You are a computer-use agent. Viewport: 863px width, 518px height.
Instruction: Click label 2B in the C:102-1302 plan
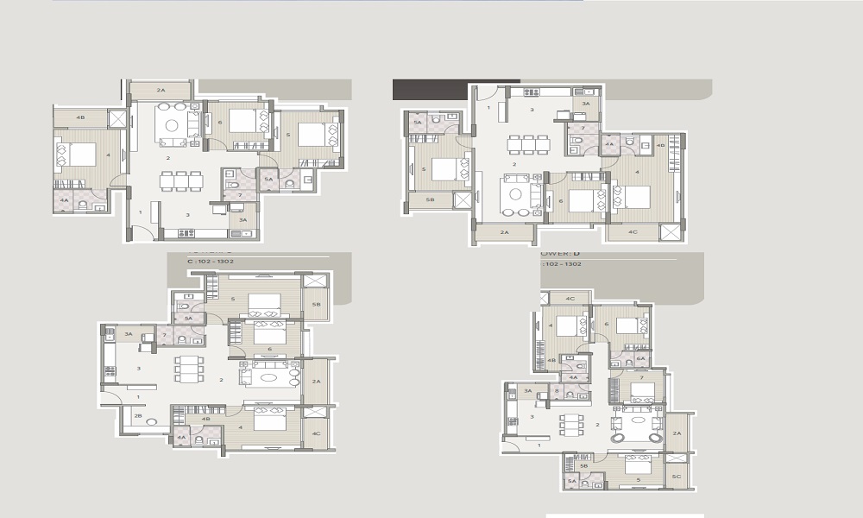coord(138,416)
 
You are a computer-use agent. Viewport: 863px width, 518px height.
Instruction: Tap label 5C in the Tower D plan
coord(677,477)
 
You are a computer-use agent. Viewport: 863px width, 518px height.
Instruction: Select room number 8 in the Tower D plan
coord(557,390)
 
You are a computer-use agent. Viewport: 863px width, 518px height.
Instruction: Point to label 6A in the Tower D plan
coord(640,357)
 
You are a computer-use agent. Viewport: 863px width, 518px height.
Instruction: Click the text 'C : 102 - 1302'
coord(211,260)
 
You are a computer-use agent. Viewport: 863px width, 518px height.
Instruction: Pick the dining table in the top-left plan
coord(182,180)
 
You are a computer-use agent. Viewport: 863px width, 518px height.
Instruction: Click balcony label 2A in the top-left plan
coord(161,90)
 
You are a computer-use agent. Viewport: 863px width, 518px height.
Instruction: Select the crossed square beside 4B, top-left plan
coord(117,119)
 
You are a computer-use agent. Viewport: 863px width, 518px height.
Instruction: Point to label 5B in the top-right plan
coord(418,199)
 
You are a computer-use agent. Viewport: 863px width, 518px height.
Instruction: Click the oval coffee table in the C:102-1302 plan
coord(273,376)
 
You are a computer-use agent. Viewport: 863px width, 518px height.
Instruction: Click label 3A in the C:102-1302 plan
coord(128,334)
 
